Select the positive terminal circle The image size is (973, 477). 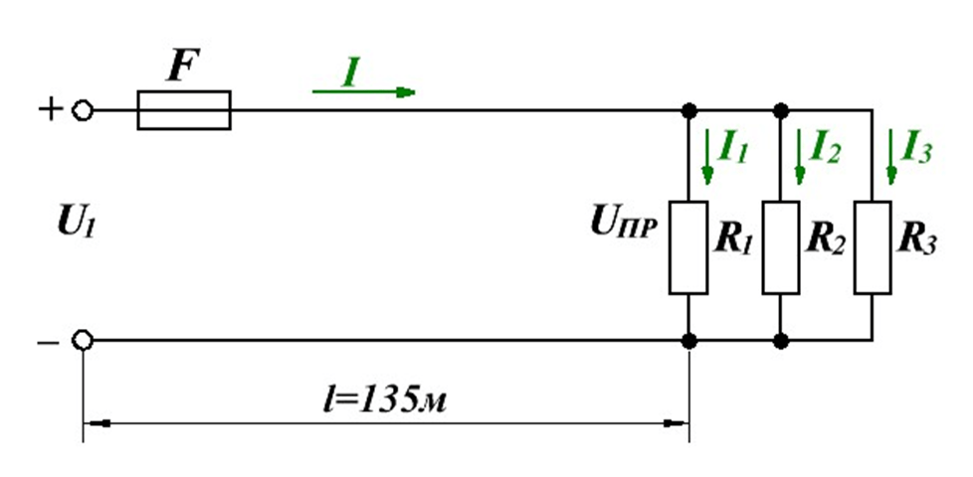tap(83, 111)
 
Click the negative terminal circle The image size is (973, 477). tap(83, 340)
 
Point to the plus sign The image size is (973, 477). tap(51, 110)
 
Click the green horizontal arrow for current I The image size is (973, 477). tap(364, 91)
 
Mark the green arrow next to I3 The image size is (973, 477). tap(891, 157)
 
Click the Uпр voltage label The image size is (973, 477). tap(624, 225)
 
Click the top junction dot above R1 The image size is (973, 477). tap(688, 111)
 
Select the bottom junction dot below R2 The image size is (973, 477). tap(781, 341)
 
